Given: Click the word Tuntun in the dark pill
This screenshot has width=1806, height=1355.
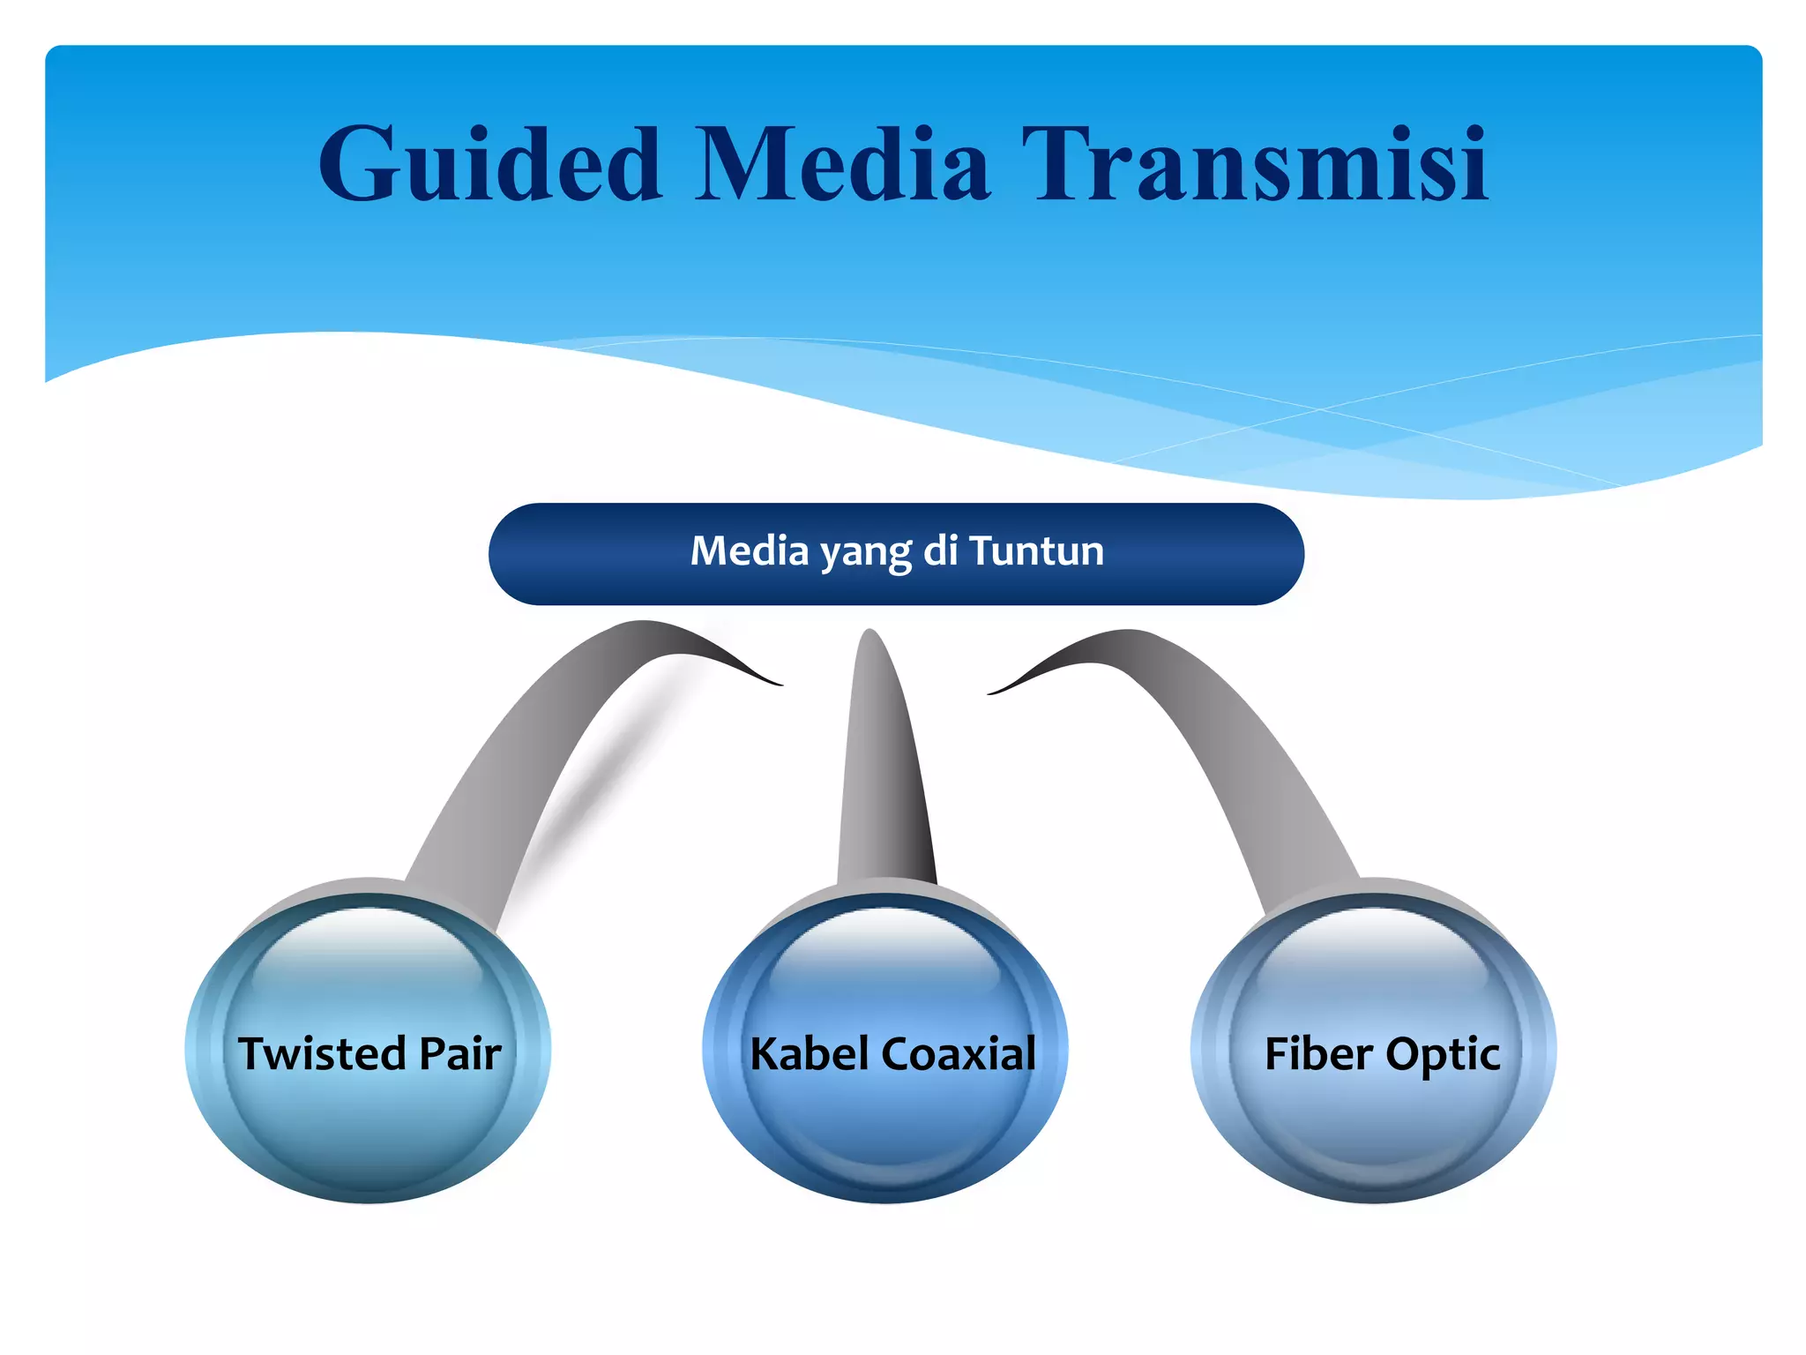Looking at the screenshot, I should [x=1037, y=551].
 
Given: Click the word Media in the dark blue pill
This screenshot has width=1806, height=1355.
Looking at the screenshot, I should [x=750, y=551].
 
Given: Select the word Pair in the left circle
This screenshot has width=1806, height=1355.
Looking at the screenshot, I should [x=460, y=1053].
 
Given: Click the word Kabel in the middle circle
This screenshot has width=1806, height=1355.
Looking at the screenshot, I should [x=809, y=1053].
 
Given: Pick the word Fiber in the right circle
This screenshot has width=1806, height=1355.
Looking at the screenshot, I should [x=1318, y=1053].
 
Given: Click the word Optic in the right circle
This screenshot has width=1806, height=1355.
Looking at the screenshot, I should [x=1443, y=1055].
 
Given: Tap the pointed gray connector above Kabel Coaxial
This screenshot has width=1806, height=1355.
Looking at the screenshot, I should [x=882, y=776].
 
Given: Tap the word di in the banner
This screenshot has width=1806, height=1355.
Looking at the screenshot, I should [x=941, y=551].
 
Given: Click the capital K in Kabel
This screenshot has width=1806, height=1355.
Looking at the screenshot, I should [x=765, y=1053].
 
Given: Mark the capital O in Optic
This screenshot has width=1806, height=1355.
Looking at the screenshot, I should [x=1402, y=1053].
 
